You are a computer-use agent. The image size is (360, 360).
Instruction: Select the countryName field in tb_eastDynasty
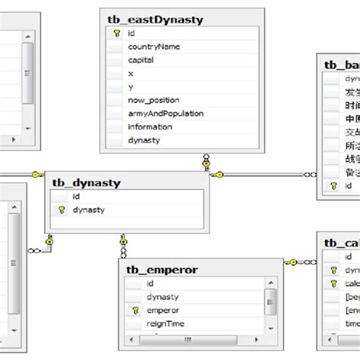tap(153, 46)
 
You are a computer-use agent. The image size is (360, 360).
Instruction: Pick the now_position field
tap(154, 100)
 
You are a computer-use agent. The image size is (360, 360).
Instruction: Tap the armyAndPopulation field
tap(166, 113)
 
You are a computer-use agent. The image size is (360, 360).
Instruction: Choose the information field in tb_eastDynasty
tap(150, 127)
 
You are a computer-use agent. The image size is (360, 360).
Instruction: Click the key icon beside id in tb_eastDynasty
tap(116, 33)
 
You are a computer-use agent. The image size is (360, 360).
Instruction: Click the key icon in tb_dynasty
tap(61, 210)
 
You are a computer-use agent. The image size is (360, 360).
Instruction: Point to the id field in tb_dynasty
tap(77, 196)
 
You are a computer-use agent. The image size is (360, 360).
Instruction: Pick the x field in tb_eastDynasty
tap(131, 74)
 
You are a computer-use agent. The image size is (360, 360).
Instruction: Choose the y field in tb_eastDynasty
tap(131, 87)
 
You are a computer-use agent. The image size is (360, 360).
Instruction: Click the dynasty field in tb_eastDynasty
tap(144, 141)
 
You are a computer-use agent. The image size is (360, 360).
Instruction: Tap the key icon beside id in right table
tap(332, 185)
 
